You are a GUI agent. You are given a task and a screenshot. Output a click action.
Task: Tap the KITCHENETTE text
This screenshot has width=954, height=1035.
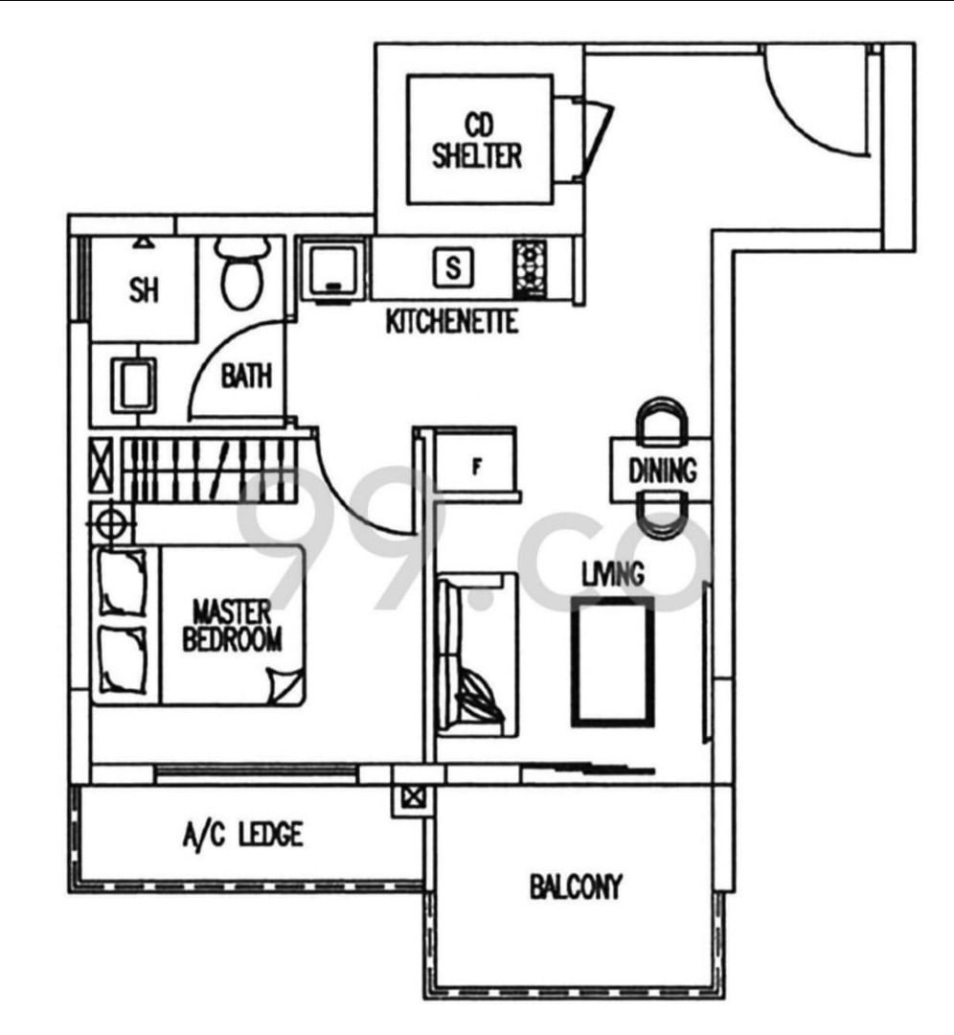451,322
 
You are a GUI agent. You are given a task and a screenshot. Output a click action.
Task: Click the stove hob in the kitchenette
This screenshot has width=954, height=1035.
529,267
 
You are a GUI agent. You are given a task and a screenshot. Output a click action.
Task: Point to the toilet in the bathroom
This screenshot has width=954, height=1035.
240,273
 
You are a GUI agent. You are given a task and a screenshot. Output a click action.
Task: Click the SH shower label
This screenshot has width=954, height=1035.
144,291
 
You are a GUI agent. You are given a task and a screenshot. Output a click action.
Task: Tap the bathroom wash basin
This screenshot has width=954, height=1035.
132,384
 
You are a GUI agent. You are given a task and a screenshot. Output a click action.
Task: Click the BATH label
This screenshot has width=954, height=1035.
246,377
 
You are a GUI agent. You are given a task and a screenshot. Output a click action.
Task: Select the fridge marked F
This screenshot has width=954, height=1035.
476,467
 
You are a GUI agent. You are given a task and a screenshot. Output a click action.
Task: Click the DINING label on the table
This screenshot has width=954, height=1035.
662,471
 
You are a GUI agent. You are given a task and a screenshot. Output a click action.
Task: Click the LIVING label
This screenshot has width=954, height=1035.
613,574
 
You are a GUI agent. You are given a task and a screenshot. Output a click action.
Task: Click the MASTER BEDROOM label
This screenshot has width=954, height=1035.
232,626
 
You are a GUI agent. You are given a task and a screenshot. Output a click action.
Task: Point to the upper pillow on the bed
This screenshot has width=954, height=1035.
122,581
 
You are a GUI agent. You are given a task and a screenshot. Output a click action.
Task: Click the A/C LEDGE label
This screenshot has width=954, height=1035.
242,836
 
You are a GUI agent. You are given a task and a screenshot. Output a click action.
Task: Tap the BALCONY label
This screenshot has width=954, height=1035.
576,886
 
